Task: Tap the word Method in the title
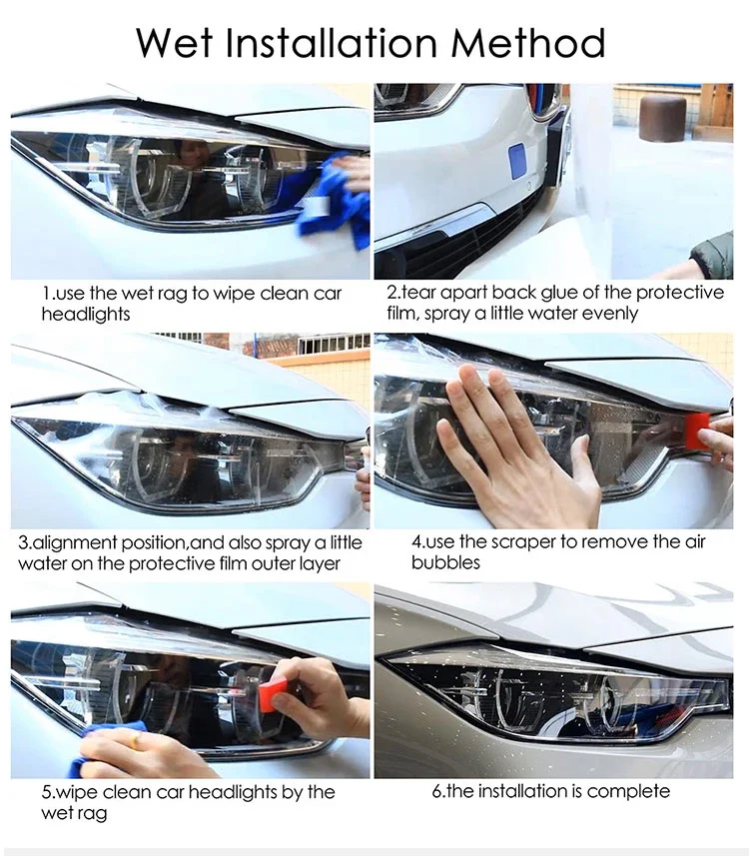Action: [x=526, y=44]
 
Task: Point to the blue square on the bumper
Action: [x=517, y=162]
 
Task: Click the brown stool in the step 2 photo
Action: [x=663, y=119]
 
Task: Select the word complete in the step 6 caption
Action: [x=628, y=791]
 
